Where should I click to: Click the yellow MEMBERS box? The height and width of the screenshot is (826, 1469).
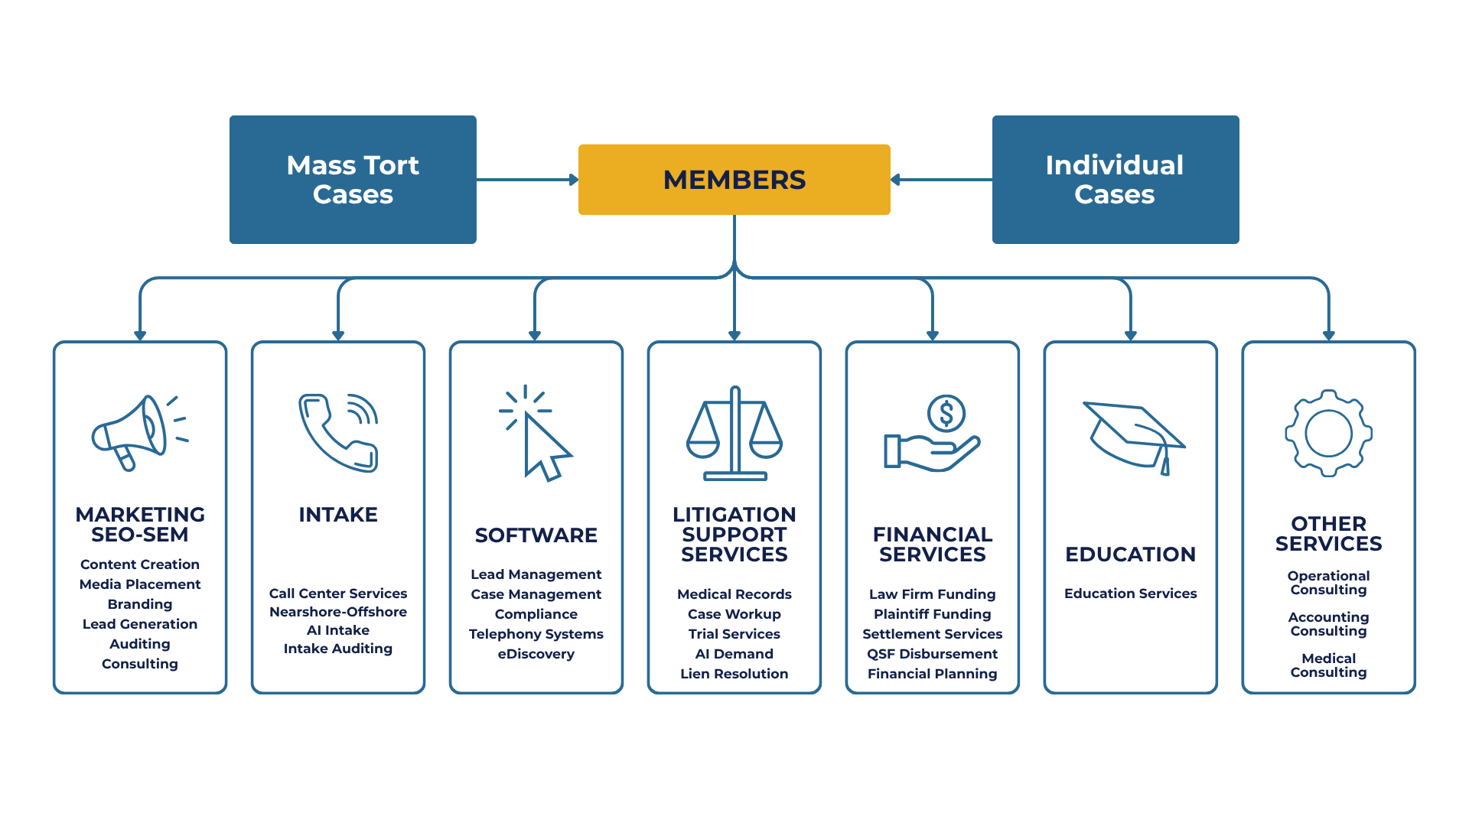point(734,180)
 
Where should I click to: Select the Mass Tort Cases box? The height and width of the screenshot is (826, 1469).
point(353,180)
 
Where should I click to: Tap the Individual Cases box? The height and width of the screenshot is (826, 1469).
point(1115,180)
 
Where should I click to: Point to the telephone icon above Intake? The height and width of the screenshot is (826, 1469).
point(338,433)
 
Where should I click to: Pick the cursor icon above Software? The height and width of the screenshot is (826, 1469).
point(537,434)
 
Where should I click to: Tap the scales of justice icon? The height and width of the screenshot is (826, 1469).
point(734,434)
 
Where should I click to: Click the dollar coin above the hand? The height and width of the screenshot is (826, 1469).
point(946,414)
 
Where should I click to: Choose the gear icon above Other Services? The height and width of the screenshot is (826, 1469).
point(1328,433)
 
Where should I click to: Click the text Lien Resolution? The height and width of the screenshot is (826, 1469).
point(734,674)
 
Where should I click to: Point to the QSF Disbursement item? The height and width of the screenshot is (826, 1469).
point(932,654)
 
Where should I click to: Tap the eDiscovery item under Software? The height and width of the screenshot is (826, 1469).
point(536,654)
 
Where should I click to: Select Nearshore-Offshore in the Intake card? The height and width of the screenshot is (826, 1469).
point(338,612)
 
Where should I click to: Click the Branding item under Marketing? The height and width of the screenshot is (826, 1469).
point(140,604)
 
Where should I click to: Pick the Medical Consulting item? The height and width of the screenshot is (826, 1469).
point(1328,665)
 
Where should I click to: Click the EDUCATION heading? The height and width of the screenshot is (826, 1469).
point(1130,554)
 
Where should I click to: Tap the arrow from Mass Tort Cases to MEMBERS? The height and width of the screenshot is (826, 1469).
point(527,180)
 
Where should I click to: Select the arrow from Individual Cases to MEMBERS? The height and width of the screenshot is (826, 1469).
point(941,180)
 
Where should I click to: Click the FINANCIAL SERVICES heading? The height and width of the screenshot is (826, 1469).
point(932,545)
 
